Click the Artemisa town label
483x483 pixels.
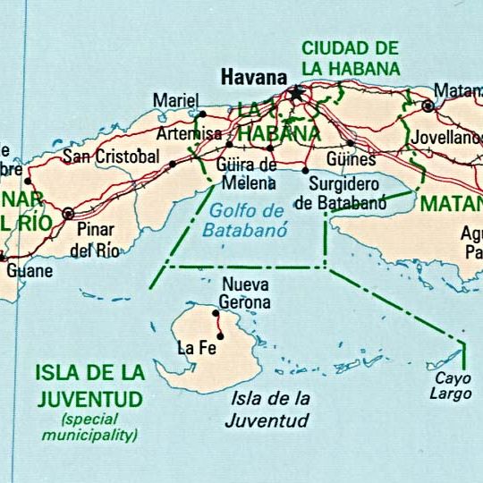(x=188, y=133)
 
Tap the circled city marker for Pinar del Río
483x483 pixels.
(x=69, y=214)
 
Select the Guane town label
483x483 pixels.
(x=30, y=270)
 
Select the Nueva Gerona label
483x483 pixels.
(x=245, y=293)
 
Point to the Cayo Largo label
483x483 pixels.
(x=453, y=385)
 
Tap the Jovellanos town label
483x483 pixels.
(x=446, y=139)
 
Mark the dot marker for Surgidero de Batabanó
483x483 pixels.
(x=305, y=170)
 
